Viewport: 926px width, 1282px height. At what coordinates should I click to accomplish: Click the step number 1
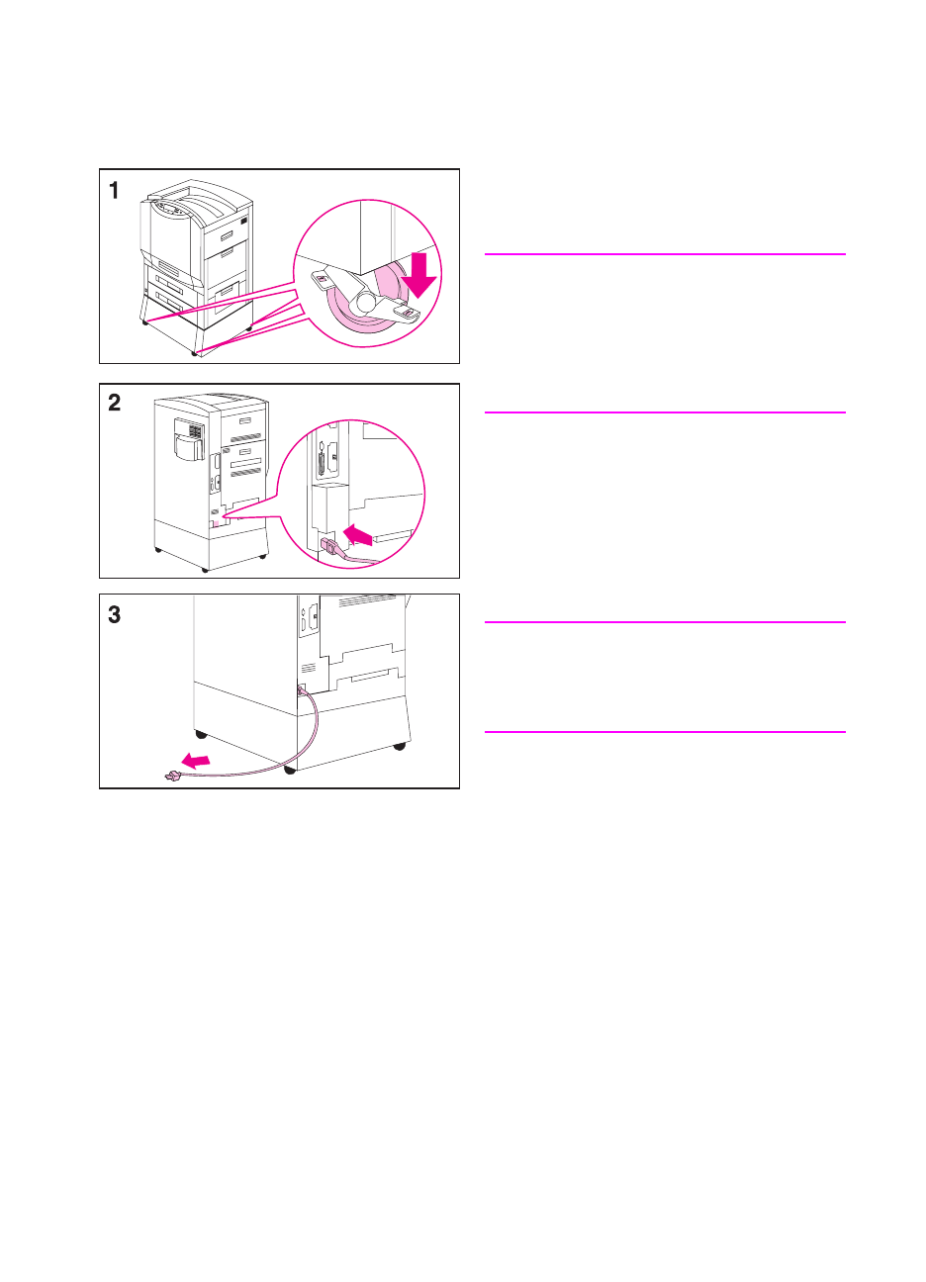(115, 190)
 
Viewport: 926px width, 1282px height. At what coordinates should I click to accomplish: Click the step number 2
(115, 403)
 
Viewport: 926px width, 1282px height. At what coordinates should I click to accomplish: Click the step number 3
(115, 614)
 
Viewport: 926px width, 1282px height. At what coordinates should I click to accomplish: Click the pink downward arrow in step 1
(421, 275)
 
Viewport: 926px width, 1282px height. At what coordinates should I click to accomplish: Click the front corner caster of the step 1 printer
(195, 351)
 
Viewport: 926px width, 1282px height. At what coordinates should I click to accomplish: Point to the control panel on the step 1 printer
(173, 208)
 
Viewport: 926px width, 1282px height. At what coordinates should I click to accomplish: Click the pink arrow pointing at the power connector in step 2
(359, 536)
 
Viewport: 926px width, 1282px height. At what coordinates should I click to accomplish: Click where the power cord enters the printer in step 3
(301, 688)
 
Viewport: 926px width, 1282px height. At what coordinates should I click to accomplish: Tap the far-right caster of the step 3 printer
(400, 744)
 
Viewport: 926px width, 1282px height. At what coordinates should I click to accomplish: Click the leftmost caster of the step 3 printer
(201, 734)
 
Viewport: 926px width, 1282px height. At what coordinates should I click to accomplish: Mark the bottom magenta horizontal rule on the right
(665, 732)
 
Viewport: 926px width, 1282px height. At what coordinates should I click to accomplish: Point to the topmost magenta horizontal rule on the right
(665, 254)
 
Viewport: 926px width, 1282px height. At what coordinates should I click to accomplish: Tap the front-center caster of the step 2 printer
(205, 569)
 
